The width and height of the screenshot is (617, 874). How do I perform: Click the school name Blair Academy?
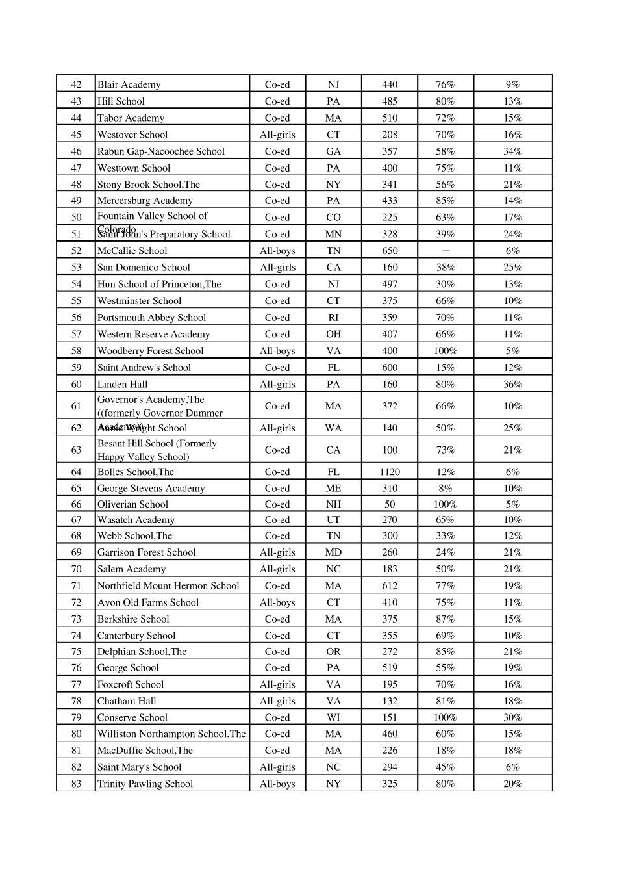(129, 84)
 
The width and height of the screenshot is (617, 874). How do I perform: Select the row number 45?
(76, 135)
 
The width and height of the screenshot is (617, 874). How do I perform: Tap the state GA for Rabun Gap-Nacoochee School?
(333, 151)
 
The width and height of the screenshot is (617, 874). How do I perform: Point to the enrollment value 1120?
(390, 472)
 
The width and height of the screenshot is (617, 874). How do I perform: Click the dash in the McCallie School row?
(445, 251)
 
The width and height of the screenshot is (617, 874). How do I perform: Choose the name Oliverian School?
(132, 504)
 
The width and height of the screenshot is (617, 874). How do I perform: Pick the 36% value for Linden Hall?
(512, 384)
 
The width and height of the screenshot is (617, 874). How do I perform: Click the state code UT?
(333, 520)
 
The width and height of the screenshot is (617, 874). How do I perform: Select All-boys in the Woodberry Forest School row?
(277, 351)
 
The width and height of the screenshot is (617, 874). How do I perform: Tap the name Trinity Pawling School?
(145, 784)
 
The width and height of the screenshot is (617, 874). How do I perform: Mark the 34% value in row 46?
(512, 151)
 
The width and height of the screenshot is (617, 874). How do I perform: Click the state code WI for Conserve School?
(333, 717)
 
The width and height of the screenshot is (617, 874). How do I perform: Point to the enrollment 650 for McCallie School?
(390, 251)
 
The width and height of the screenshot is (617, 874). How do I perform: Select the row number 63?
(76, 450)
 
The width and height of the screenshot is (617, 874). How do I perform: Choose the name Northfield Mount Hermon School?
(168, 585)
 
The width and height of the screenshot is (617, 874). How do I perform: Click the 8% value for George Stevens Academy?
(445, 488)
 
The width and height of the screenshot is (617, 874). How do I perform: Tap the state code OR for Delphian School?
(333, 651)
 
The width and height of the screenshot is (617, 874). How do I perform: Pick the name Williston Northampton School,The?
(171, 734)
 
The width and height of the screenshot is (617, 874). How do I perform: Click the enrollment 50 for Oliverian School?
(390, 504)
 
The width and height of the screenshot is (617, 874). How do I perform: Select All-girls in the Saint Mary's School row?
(277, 767)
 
